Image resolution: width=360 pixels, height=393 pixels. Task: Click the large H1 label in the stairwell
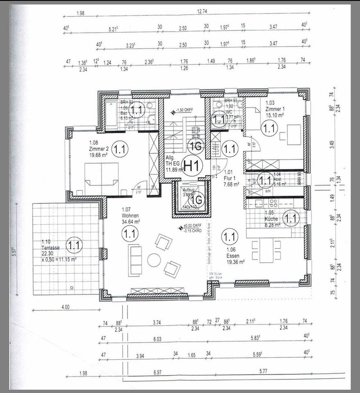click(x=192, y=166)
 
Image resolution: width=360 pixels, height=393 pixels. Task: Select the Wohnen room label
click(x=131, y=215)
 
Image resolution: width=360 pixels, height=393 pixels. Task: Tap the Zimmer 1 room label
click(x=275, y=109)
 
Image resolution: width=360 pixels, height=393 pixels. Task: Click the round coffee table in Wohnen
click(x=154, y=260)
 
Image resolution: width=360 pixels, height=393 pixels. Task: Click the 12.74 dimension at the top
click(x=202, y=12)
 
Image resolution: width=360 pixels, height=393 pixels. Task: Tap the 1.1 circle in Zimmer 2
click(x=120, y=149)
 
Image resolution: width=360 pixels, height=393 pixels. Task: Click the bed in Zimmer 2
click(x=102, y=178)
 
